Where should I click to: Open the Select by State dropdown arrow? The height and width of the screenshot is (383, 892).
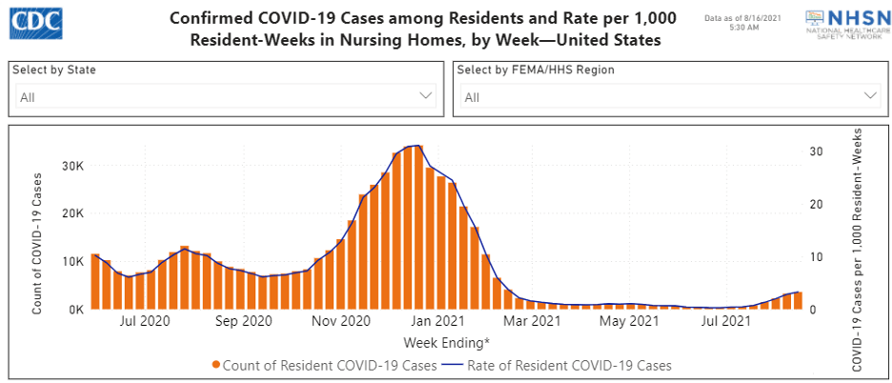[426, 96]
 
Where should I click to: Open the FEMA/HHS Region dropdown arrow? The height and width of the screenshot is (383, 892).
[870, 96]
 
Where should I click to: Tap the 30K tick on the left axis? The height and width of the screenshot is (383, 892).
[73, 166]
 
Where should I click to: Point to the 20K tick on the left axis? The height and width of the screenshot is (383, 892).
[73, 213]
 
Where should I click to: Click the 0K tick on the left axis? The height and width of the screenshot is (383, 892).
[76, 310]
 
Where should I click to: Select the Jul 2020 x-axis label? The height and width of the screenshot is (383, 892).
[145, 322]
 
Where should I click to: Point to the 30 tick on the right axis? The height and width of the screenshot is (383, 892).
[816, 151]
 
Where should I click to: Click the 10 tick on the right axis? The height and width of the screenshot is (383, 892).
[816, 257]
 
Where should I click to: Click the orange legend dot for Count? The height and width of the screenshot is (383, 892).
[218, 365]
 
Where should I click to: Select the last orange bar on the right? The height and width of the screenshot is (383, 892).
[799, 301]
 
